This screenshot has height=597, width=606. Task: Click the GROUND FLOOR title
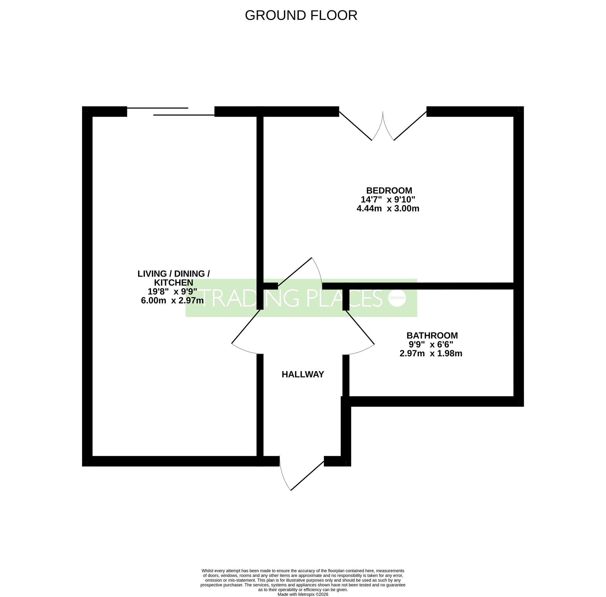click(x=301, y=15)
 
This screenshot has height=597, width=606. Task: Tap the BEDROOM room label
click(x=389, y=190)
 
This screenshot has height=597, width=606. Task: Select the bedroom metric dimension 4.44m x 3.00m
click(x=388, y=208)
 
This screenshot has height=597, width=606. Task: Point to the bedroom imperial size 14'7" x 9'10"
click(x=388, y=199)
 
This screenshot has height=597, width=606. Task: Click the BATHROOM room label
click(x=432, y=336)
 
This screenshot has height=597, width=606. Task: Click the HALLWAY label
click(x=303, y=374)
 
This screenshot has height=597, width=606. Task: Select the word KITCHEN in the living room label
click(x=174, y=283)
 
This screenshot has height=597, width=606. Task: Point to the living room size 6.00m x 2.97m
click(x=172, y=300)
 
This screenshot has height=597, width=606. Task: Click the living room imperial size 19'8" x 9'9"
click(x=172, y=292)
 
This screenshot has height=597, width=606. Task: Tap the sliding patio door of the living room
click(x=171, y=112)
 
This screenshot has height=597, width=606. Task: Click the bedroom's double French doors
click(x=383, y=126)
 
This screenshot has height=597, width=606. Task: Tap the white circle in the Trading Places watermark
click(x=397, y=298)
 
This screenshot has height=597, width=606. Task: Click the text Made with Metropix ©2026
click(x=303, y=594)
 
